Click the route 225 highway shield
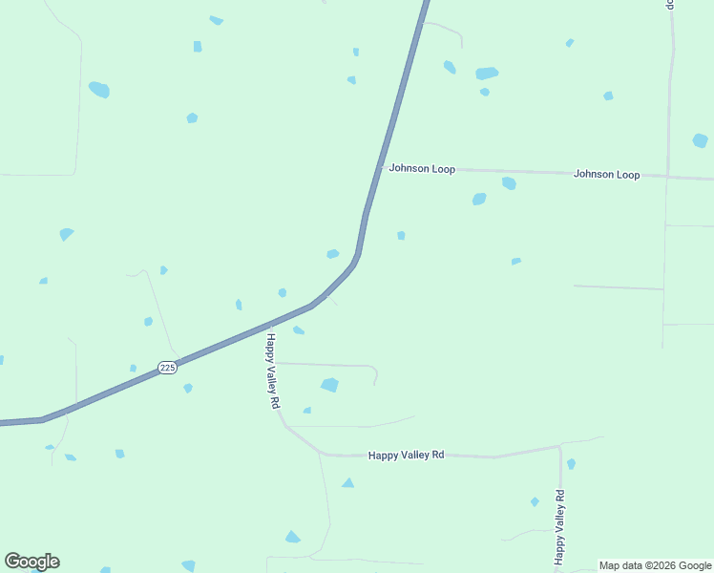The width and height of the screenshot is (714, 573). [167, 368]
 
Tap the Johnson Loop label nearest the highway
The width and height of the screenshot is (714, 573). [421, 169]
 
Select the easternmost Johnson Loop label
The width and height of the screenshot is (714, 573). [606, 175]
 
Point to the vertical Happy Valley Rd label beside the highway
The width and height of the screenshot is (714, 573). [272, 371]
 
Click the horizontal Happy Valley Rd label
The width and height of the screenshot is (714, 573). [406, 456]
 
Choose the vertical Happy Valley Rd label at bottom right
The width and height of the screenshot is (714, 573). [560, 525]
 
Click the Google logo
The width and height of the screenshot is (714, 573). [31, 562]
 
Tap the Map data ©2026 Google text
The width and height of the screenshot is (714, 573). [655, 565]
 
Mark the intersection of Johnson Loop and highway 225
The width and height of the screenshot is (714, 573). [382, 167]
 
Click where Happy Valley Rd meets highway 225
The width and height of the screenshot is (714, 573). [268, 326]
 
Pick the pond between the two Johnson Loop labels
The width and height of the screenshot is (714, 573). [509, 183]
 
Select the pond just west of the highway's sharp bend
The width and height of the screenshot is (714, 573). [332, 254]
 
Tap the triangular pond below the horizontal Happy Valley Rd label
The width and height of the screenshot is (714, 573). [347, 483]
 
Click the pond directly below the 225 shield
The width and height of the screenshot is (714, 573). [188, 388]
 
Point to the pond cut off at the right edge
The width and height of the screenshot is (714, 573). [701, 140]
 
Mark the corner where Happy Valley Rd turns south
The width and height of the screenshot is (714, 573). [559, 447]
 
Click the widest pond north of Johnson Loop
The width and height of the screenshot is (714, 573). [487, 74]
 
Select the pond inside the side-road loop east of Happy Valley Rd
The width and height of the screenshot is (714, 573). [329, 385]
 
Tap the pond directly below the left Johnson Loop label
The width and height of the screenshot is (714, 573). [479, 200]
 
